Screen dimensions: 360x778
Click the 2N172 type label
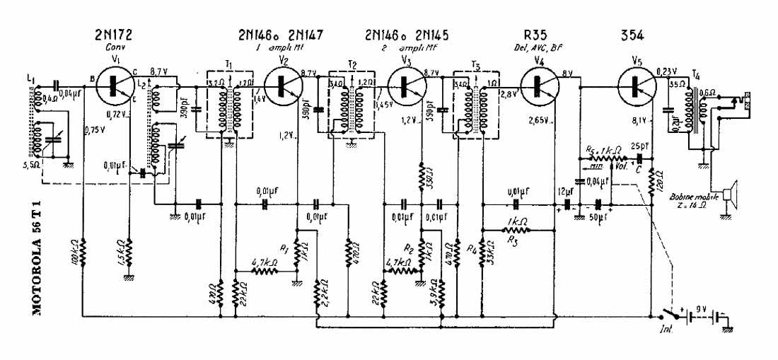coord(114,34)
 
